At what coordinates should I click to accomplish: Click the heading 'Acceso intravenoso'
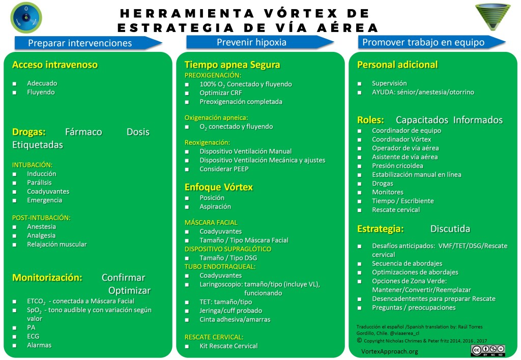pos(54,65)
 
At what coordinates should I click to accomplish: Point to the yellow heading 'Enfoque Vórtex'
pos(218,187)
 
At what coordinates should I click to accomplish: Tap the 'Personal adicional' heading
pos(397,65)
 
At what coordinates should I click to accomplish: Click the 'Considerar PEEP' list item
pos(224,169)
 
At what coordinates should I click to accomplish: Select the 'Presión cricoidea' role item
pos(397,166)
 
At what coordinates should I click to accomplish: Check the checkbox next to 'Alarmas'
pos(15,345)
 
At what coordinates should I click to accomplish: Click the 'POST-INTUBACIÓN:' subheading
pos(41,218)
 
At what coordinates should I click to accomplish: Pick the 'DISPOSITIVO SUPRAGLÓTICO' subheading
pos(227,249)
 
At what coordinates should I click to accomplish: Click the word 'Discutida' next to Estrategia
pos(450,229)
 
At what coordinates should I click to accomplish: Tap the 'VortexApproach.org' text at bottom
pos(389,351)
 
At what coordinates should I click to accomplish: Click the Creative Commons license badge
pos(487,350)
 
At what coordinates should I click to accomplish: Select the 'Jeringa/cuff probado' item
pos(230,311)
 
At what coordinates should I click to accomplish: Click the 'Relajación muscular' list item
pos(56,245)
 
